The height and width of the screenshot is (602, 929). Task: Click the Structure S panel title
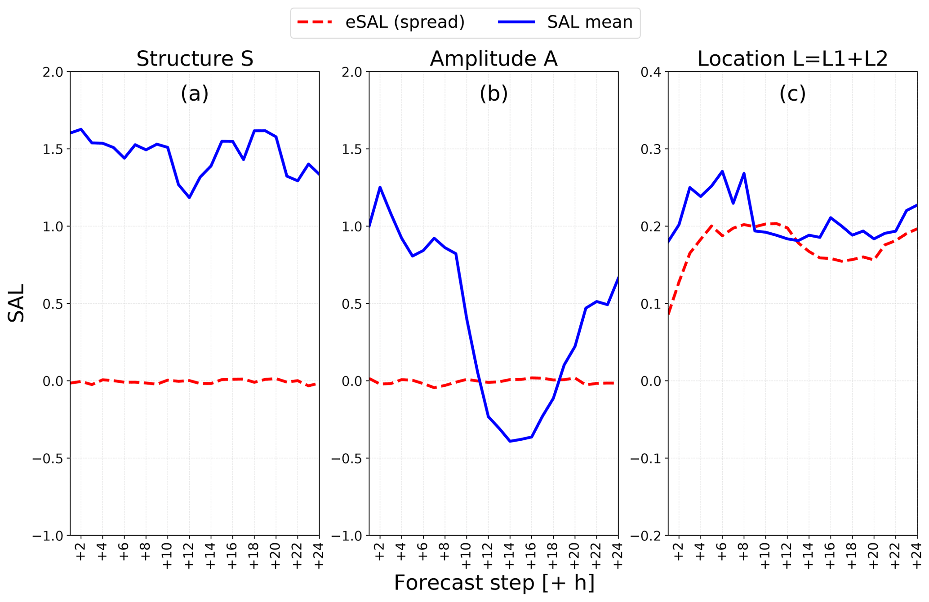(x=195, y=59)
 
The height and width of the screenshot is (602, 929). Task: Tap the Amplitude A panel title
(x=493, y=59)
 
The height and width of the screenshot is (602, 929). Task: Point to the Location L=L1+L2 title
(x=792, y=59)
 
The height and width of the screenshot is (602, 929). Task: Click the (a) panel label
(x=195, y=93)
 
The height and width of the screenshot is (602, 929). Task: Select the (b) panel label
(x=493, y=93)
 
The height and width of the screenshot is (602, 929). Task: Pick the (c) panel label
(x=792, y=93)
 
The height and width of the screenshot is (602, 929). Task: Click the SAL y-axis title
(x=16, y=303)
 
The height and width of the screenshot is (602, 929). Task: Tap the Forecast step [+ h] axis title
(x=494, y=583)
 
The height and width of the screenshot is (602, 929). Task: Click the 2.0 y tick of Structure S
(x=53, y=72)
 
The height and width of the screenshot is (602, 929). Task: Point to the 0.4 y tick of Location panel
(x=651, y=72)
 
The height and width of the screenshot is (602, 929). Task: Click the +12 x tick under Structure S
(x=189, y=556)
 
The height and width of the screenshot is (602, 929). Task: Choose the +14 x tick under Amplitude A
(x=510, y=556)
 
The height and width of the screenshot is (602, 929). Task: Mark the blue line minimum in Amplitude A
(x=510, y=441)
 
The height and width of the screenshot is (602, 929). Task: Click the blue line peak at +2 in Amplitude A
(x=380, y=187)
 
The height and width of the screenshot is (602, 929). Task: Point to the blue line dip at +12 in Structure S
(x=190, y=198)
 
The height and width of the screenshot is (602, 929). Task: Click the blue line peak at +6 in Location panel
(x=722, y=171)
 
